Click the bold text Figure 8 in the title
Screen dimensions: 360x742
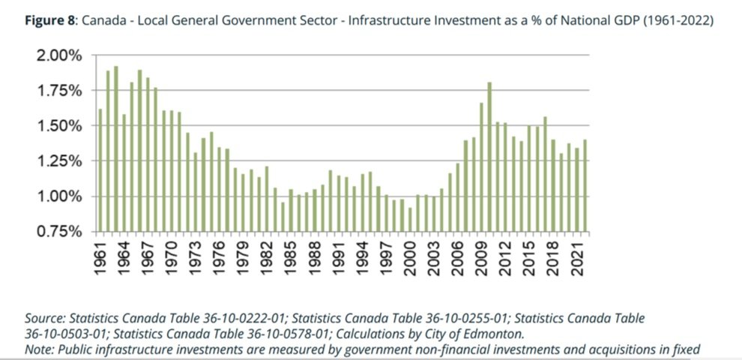[x=49, y=22]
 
